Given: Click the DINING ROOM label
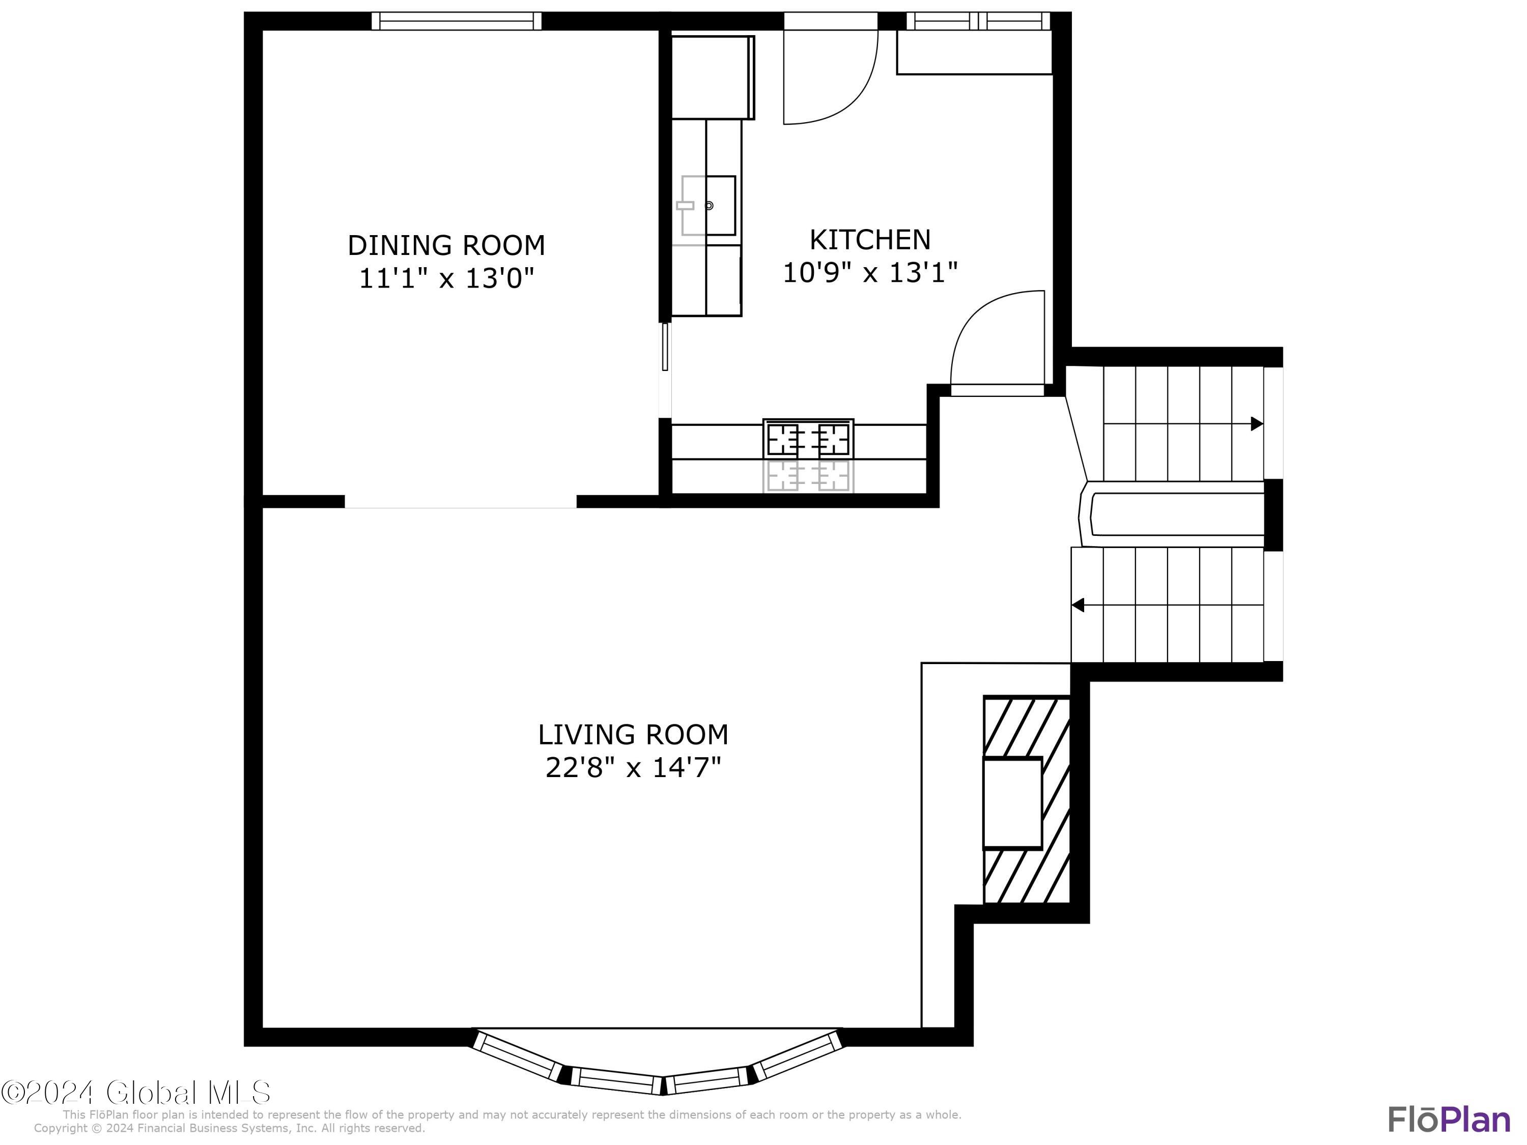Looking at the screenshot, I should pyautogui.click(x=446, y=246).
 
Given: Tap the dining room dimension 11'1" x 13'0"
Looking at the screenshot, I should pyautogui.click(x=446, y=279).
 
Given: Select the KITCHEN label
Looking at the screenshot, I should pyautogui.click(x=870, y=240).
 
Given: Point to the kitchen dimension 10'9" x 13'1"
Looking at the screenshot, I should pyautogui.click(x=870, y=273).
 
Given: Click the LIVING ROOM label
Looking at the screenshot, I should pyautogui.click(x=633, y=735).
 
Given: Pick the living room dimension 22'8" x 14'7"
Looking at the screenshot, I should pyautogui.click(x=633, y=768).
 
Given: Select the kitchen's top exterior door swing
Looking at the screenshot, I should pyautogui.click(x=828, y=76).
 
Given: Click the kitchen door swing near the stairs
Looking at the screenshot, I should pyautogui.click(x=998, y=341).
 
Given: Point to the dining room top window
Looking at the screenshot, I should pyautogui.click(x=456, y=21).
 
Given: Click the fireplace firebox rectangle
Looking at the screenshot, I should pyautogui.click(x=1012, y=803).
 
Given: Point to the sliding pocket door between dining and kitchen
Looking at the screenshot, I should pyautogui.click(x=665, y=347).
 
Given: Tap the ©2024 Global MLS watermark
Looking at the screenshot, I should pyautogui.click(x=135, y=1093).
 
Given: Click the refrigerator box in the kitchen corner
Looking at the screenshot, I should pyautogui.click(x=713, y=77).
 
